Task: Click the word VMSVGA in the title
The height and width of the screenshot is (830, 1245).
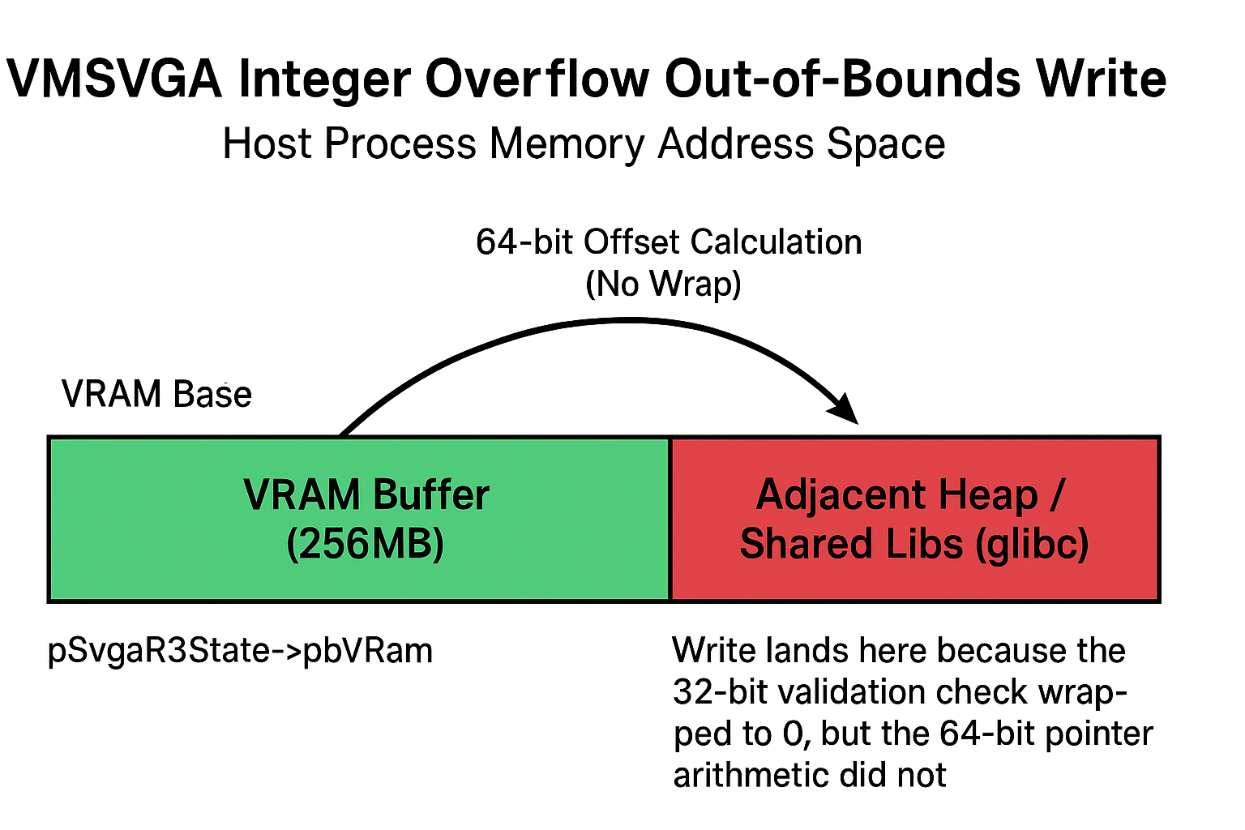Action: (114, 79)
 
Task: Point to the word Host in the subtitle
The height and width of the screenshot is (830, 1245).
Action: (267, 143)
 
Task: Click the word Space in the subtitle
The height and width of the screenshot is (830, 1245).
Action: (886, 144)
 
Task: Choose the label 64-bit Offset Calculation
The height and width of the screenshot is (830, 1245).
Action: (669, 242)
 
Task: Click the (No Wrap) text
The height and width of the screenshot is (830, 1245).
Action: (663, 285)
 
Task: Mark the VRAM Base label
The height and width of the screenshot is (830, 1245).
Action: (156, 394)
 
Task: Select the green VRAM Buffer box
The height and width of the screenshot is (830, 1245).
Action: (359, 520)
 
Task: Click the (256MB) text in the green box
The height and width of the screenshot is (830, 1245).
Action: (366, 544)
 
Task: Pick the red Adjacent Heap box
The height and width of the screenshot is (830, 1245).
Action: (915, 520)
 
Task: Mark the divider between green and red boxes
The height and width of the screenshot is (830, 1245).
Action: (670, 520)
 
